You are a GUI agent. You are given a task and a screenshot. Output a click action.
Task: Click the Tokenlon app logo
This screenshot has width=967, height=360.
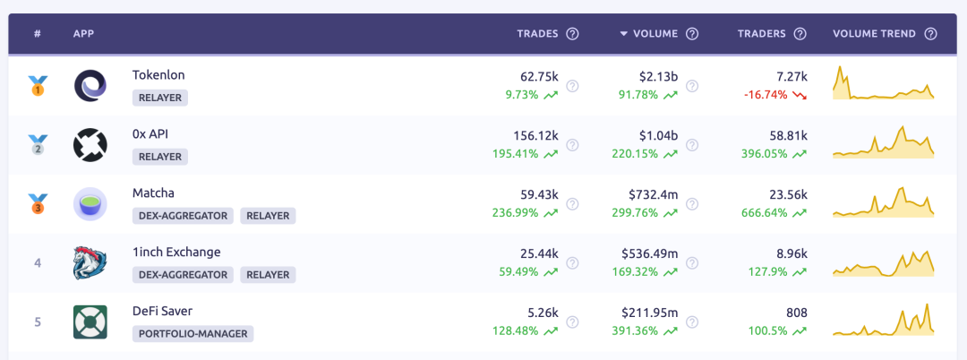pyautogui.click(x=90, y=86)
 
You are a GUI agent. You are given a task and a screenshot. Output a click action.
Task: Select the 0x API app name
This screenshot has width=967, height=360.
pyautogui.click(x=150, y=134)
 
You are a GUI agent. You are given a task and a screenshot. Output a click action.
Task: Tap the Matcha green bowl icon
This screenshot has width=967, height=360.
pyautogui.click(x=90, y=204)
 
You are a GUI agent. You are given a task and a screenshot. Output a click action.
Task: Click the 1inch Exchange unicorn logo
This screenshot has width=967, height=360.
pyautogui.click(x=90, y=263)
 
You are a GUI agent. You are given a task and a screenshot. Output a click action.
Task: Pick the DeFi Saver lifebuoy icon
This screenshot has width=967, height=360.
pyautogui.click(x=90, y=321)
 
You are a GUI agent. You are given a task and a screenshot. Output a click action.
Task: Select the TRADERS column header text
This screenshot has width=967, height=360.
pyautogui.click(x=761, y=34)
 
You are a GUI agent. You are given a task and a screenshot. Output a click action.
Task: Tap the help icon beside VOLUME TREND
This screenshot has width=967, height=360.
pyautogui.click(x=930, y=34)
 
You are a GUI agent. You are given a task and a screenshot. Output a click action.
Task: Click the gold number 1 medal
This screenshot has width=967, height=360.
pyautogui.click(x=38, y=87)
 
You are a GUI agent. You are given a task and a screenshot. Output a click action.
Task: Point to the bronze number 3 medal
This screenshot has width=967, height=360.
pyautogui.click(x=38, y=204)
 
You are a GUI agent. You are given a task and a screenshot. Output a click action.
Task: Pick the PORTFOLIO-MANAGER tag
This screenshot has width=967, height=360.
pyautogui.click(x=193, y=334)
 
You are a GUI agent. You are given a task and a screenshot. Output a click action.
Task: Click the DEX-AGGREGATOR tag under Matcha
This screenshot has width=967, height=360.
pyautogui.click(x=183, y=216)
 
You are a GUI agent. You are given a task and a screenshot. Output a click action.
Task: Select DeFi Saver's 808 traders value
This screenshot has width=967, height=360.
pyautogui.click(x=796, y=313)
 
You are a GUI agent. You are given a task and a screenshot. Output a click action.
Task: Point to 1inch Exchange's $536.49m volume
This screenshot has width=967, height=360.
pyautogui.click(x=650, y=254)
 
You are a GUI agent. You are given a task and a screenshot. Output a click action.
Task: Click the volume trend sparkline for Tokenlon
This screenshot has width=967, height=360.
pyautogui.click(x=883, y=84)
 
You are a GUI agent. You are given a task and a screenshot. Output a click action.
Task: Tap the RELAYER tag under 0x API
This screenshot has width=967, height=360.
pyautogui.click(x=160, y=157)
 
